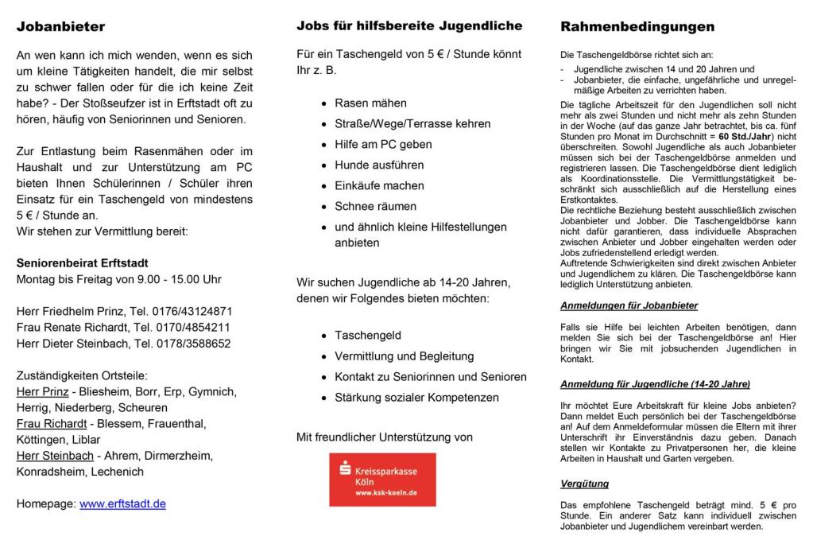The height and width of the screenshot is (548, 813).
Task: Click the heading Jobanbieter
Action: point(60,27)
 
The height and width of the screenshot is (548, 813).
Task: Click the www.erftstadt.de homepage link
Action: point(122,503)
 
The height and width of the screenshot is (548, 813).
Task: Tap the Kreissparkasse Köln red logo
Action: point(382,480)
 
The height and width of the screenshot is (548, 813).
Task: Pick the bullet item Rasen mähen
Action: point(370,103)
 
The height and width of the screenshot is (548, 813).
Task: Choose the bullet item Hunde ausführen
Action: point(379,165)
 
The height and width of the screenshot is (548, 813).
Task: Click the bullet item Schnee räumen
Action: point(375,207)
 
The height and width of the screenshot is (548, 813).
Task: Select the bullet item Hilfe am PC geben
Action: point(383,145)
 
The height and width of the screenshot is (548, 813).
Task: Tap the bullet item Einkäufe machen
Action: point(379,186)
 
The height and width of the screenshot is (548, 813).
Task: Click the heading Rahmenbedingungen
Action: point(637,27)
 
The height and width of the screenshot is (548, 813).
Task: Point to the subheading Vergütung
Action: point(586,484)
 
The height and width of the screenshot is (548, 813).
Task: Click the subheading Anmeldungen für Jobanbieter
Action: point(629,305)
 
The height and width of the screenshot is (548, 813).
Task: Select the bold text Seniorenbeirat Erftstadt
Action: point(82,262)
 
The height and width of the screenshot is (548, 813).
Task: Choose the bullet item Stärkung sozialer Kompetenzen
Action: point(416,397)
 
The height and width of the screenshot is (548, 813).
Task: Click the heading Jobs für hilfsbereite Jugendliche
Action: point(409,26)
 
